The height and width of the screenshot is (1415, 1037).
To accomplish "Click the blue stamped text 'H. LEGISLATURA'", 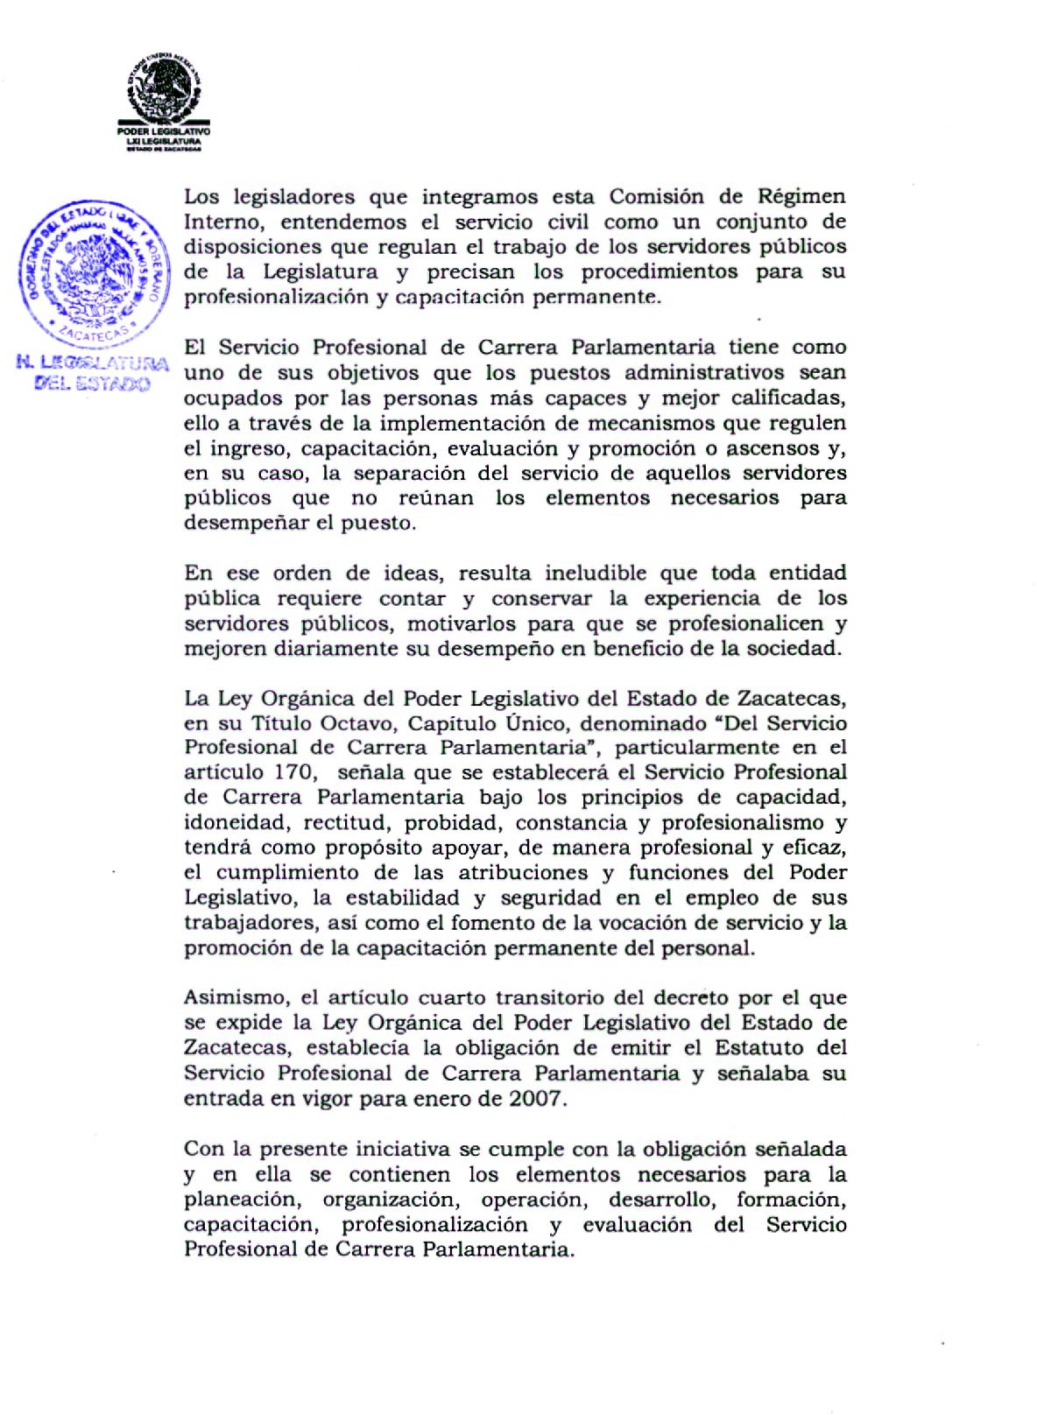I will coord(93,363).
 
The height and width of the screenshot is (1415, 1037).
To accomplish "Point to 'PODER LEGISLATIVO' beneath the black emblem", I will coord(165,132).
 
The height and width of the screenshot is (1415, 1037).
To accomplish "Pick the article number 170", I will coord(297,772).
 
